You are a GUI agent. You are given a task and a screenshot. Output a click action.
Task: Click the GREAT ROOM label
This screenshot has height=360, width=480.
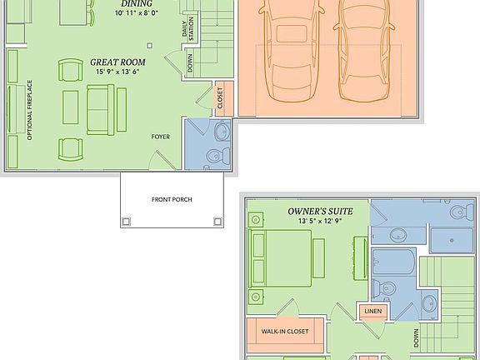click(117, 62)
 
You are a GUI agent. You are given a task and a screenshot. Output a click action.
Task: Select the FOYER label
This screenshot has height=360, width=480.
click(160, 136)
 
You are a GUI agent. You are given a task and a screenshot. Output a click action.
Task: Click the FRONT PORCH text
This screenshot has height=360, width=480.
click(173, 199)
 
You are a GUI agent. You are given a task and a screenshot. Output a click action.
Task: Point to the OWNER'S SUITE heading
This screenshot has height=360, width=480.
click(320, 212)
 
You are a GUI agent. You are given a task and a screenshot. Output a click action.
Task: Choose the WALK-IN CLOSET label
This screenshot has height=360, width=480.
click(285, 332)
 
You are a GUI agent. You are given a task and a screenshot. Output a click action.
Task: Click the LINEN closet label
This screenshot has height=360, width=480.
click(371, 312)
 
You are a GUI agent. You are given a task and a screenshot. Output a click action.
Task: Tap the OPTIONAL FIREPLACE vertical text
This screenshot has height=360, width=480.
click(29, 109)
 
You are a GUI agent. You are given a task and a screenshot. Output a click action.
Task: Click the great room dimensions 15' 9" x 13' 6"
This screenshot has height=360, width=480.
click(117, 72)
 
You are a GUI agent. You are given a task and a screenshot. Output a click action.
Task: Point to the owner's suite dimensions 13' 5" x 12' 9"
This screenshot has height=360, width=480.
click(320, 222)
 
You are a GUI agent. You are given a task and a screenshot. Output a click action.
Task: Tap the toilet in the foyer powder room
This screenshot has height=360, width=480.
click(217, 155)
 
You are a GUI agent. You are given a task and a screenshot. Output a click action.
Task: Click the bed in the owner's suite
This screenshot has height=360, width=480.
click(283, 254)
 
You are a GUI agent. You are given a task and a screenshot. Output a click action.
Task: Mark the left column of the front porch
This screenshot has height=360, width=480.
click(127, 221)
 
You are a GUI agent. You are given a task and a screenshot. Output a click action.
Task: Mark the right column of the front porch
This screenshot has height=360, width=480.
click(218, 221)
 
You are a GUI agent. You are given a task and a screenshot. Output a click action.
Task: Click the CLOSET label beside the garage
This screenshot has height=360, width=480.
click(220, 99)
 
